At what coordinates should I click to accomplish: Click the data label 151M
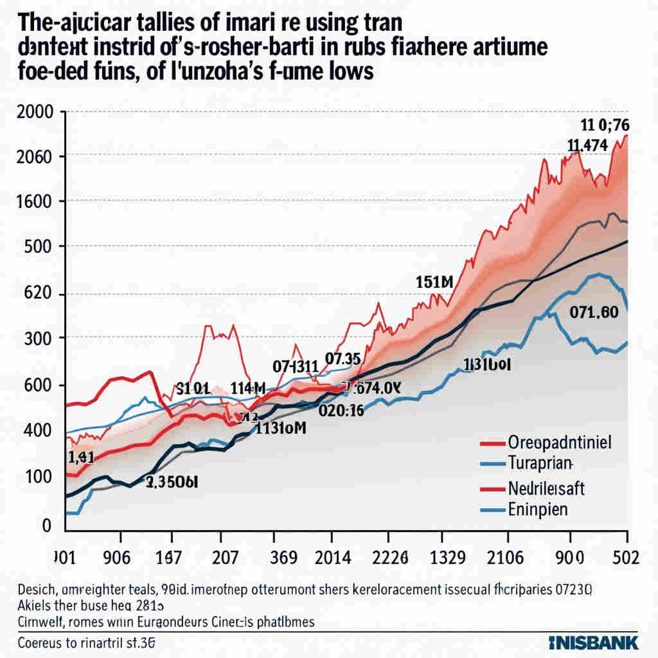(x=435, y=281)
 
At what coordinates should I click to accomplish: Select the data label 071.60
(x=594, y=312)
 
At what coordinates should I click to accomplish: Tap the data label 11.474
(x=588, y=145)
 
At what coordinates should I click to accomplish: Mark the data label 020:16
(x=341, y=411)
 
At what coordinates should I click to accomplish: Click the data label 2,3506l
(x=172, y=482)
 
